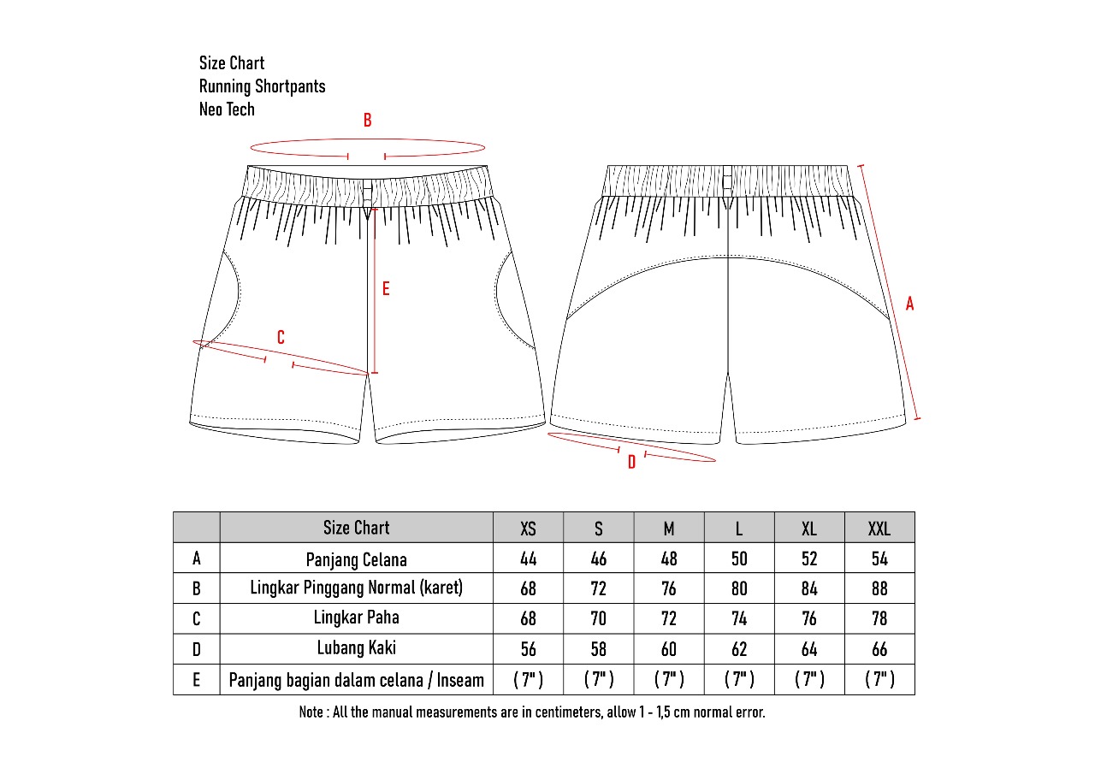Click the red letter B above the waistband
(368, 121)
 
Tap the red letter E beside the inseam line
(386, 289)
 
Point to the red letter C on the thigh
(281, 338)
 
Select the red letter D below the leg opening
(631, 463)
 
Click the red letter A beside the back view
(909, 304)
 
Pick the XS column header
(529, 529)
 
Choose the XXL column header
(879, 529)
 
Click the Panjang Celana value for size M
(669, 559)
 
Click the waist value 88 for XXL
(879, 589)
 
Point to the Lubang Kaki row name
(356, 648)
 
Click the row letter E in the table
(197, 680)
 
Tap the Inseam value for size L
(739, 680)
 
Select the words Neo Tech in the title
(227, 109)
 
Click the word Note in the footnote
(311, 712)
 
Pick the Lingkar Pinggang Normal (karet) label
(356, 588)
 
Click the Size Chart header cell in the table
(356, 528)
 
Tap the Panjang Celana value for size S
(599, 559)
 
